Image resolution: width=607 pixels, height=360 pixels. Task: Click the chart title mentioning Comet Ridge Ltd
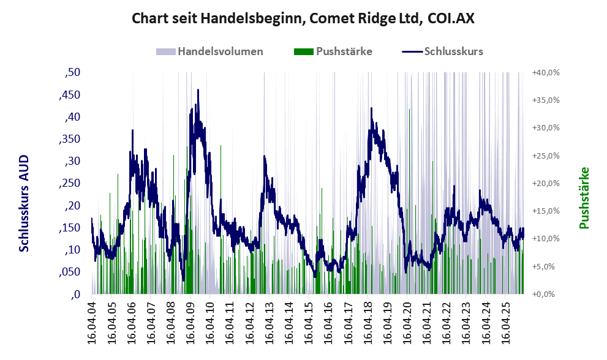[303, 18]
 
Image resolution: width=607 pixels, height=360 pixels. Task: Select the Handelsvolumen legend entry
[209, 51]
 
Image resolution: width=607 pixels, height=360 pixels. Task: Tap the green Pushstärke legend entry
[333, 51]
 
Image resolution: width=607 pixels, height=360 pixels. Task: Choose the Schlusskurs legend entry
[442, 51]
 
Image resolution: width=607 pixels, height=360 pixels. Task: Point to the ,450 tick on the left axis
[70, 95]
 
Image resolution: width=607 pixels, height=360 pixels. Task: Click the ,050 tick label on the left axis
[70, 272]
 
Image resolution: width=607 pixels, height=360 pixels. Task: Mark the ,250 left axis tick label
[70, 183]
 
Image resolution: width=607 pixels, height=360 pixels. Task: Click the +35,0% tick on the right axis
[546, 100]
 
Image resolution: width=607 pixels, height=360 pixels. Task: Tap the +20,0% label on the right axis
[546, 184]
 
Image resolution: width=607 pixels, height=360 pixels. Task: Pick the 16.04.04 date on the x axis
[91, 321]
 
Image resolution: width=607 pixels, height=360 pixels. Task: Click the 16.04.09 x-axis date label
[190, 321]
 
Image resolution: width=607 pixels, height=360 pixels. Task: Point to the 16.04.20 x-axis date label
[407, 321]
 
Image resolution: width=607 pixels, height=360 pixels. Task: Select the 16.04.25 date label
[505, 321]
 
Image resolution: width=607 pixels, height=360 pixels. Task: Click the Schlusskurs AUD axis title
[24, 203]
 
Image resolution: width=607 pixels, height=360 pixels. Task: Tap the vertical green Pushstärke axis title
[584, 198]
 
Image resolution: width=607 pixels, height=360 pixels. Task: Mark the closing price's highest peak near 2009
[198, 90]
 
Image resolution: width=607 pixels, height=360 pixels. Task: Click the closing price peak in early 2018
[371, 108]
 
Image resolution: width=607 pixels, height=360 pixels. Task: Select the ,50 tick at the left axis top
[72, 72]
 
